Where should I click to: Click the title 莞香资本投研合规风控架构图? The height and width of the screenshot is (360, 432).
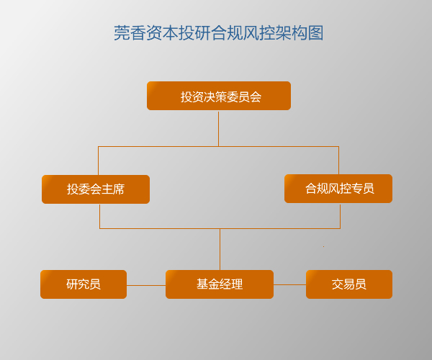(x=218, y=33)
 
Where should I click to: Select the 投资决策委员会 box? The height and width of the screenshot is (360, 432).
(x=219, y=96)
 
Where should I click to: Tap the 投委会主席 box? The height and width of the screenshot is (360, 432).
(x=96, y=189)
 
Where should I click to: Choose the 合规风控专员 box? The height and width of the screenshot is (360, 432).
(x=338, y=189)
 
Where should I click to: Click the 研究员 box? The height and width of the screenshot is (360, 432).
(x=84, y=284)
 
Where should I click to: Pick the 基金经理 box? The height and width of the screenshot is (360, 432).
(x=220, y=284)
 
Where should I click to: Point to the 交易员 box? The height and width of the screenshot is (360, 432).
(x=349, y=284)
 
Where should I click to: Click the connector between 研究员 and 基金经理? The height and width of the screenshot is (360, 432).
(x=146, y=285)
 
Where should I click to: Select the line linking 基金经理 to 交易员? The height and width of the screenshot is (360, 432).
(x=289, y=285)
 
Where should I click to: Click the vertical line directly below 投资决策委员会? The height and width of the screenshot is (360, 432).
(x=218, y=129)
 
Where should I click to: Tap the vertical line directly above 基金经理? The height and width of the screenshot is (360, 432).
(x=220, y=249)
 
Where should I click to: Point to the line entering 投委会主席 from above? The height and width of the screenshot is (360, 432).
(x=98, y=161)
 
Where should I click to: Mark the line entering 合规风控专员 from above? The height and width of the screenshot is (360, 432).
(x=338, y=161)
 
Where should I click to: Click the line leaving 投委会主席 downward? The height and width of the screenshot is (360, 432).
(x=100, y=216)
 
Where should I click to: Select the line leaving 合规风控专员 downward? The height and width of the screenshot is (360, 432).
(x=341, y=216)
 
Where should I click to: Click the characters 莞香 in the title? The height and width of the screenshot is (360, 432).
(x=130, y=33)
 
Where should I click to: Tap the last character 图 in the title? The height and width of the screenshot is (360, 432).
(x=316, y=33)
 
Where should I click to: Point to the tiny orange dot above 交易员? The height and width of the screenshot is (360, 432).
(x=324, y=246)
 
